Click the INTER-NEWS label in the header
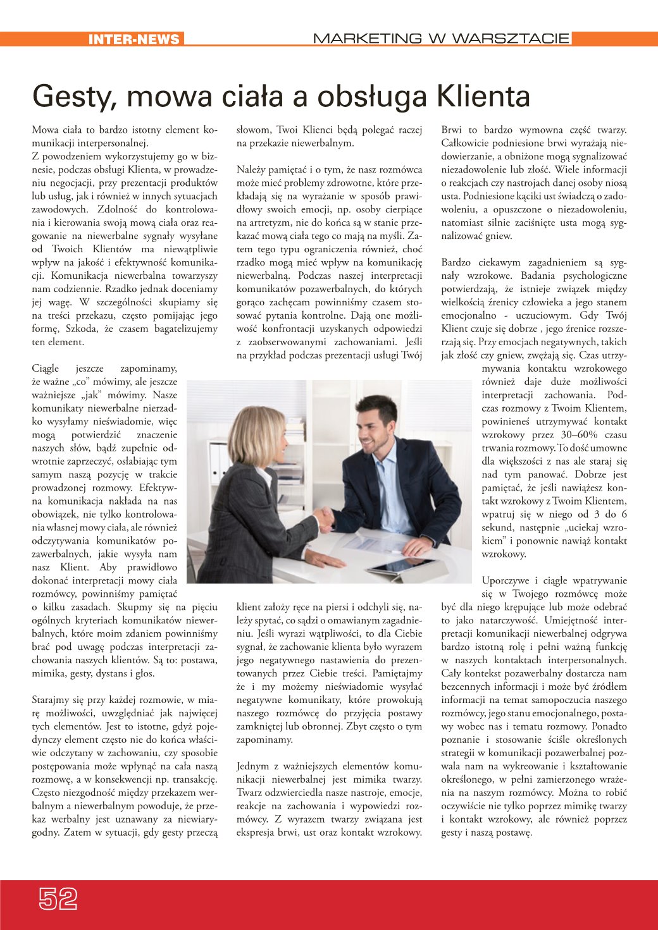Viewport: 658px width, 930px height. coord(133,39)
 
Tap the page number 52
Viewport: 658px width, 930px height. coord(58,898)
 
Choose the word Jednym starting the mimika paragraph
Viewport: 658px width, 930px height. coord(252,766)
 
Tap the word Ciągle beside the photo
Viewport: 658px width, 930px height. coord(45,369)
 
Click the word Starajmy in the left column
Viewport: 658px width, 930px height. coord(49,700)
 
